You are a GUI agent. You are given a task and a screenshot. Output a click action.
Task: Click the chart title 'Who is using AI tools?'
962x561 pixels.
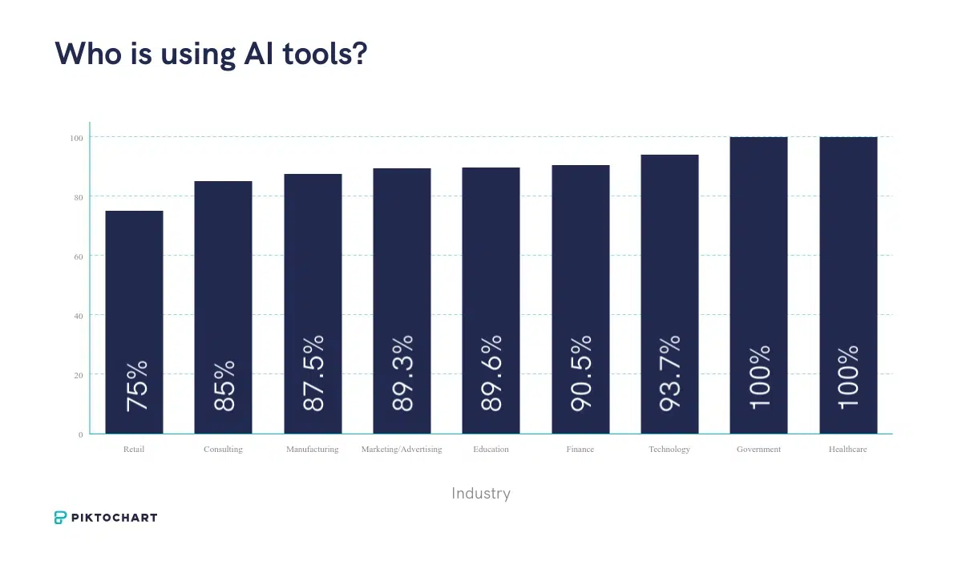(x=210, y=54)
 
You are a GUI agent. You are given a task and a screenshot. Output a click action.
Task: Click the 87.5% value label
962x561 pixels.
(x=313, y=373)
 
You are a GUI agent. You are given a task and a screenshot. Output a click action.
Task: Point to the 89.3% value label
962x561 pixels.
(x=402, y=373)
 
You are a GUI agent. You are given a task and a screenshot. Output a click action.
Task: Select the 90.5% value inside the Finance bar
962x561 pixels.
(x=581, y=373)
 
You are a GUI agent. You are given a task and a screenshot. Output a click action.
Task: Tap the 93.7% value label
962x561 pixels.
(x=670, y=373)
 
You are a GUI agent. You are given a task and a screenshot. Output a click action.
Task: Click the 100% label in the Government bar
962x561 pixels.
(x=759, y=377)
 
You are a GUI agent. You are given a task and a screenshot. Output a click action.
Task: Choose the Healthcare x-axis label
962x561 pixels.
(x=847, y=450)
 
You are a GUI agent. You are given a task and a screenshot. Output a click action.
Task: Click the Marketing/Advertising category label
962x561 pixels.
(x=402, y=450)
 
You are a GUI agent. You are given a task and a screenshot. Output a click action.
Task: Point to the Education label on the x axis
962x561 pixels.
(x=491, y=450)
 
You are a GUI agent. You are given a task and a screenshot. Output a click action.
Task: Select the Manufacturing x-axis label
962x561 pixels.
(x=313, y=450)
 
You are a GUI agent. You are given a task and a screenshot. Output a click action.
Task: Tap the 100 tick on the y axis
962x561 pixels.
(x=76, y=138)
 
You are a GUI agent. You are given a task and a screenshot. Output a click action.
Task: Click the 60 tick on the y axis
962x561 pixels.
(x=79, y=256)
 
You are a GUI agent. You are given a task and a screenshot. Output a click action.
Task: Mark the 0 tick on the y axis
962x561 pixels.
(x=81, y=434)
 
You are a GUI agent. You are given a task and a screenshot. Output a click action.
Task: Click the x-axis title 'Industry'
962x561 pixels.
(x=481, y=494)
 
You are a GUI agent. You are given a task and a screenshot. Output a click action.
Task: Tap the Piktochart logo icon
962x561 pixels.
(x=61, y=518)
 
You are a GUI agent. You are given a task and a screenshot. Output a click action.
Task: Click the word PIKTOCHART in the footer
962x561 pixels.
(x=115, y=518)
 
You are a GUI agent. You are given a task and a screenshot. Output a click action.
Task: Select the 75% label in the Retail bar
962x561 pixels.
(x=137, y=386)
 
